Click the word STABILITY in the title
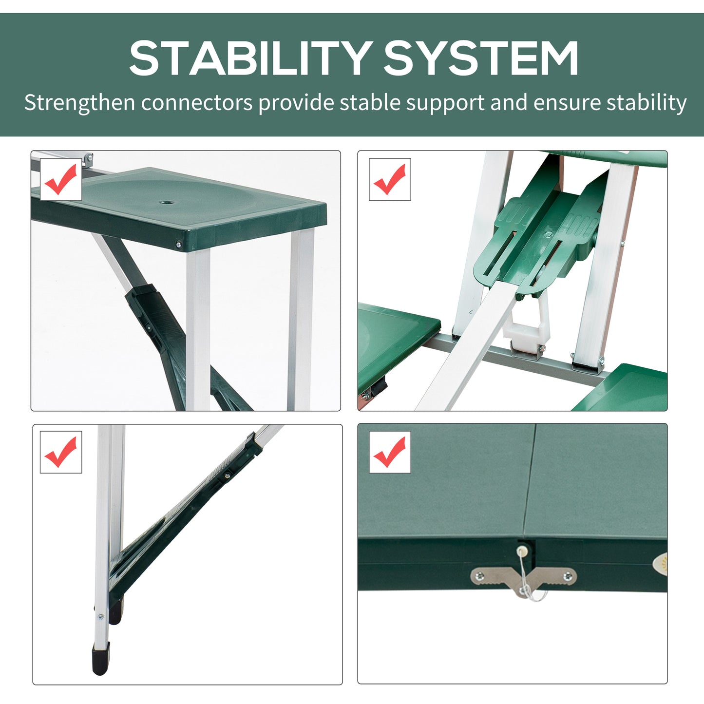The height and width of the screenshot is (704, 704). [251, 58]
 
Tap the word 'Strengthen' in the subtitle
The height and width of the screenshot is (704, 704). [79, 103]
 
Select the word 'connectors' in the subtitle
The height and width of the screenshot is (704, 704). [197, 103]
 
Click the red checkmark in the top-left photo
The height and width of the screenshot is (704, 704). [61, 179]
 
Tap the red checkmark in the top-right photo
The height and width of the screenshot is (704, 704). [390, 179]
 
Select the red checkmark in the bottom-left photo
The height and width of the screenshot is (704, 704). [61, 452]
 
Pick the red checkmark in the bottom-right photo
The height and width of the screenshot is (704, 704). [390, 452]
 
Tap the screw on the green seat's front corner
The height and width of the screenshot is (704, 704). [179, 244]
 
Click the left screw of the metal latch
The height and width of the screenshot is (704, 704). [480, 576]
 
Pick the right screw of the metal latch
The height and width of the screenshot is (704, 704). [567, 577]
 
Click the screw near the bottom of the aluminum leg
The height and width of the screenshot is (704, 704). [100, 617]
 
